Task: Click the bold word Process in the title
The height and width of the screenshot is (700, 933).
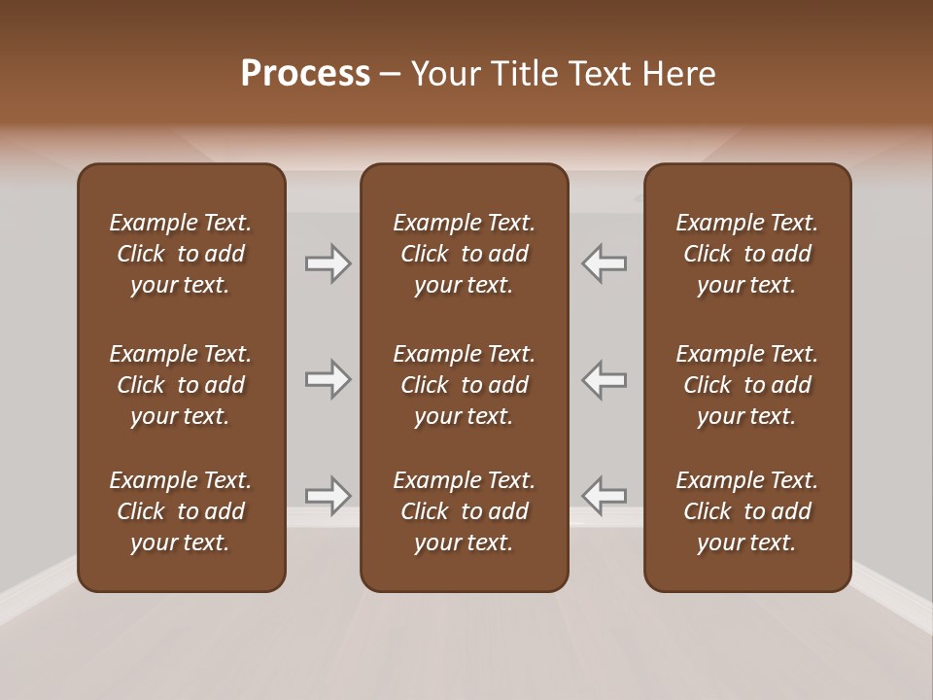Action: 305,74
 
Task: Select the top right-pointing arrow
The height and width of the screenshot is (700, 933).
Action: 328,263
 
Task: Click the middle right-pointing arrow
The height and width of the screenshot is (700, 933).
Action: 328,379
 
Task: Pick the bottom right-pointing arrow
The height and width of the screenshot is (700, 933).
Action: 328,496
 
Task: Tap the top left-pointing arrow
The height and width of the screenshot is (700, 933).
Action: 605,263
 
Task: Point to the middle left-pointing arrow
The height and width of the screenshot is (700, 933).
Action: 605,379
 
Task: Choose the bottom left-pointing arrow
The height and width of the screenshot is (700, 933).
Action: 605,496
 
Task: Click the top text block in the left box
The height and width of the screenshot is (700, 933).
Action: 181,254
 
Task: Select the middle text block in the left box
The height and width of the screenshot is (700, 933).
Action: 181,385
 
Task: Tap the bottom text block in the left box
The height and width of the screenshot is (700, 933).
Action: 181,511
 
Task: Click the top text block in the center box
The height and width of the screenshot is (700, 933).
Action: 465,254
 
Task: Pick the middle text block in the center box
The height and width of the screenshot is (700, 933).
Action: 465,385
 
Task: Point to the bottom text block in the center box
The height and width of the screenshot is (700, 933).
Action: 465,511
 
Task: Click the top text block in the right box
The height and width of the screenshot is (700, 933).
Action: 747,254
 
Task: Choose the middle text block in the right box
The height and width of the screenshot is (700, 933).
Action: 747,385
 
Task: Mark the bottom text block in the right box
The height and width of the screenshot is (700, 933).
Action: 747,511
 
